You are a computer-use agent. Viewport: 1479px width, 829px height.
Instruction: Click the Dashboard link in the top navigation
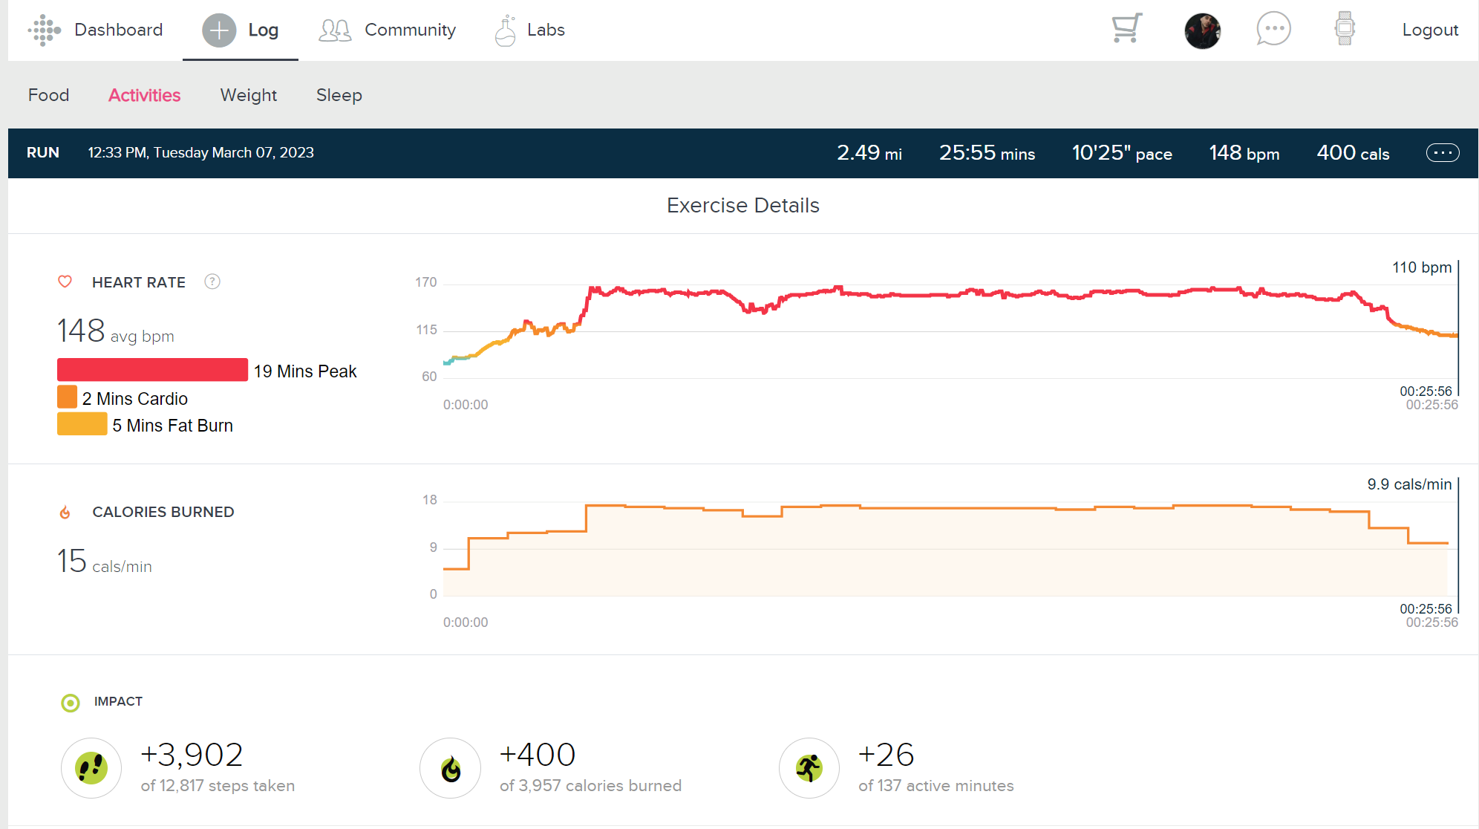[117, 30]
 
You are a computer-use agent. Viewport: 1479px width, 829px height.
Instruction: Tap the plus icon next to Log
[219, 30]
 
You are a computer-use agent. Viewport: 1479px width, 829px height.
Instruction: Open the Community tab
[409, 30]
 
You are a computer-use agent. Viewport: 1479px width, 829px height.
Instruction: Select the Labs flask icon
[506, 30]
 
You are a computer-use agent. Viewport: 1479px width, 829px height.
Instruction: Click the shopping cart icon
[1126, 28]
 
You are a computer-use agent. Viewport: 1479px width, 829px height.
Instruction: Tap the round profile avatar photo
[1202, 30]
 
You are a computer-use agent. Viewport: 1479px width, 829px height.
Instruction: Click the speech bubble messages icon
[1273, 29]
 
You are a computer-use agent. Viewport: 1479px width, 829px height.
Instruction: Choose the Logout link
[1430, 30]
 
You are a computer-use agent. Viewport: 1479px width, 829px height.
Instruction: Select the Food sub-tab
[48, 95]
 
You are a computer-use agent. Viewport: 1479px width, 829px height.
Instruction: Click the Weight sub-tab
[248, 95]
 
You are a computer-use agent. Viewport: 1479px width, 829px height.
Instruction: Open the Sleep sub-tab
[339, 95]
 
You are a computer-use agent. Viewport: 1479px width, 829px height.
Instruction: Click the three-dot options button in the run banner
[1442, 152]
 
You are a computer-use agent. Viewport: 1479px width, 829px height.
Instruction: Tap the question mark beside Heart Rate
[212, 282]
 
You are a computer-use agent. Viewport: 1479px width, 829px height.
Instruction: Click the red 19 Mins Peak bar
[152, 370]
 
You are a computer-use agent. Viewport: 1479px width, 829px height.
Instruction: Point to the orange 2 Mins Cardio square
[67, 397]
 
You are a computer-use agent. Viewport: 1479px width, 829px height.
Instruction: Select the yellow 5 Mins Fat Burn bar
[82, 424]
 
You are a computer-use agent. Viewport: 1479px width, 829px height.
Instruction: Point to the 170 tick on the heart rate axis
[425, 282]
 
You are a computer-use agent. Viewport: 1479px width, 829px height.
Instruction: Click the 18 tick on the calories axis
[429, 500]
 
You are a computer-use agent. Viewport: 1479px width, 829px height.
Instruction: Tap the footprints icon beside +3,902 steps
[91, 767]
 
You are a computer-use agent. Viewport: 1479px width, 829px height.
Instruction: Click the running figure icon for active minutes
[809, 767]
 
